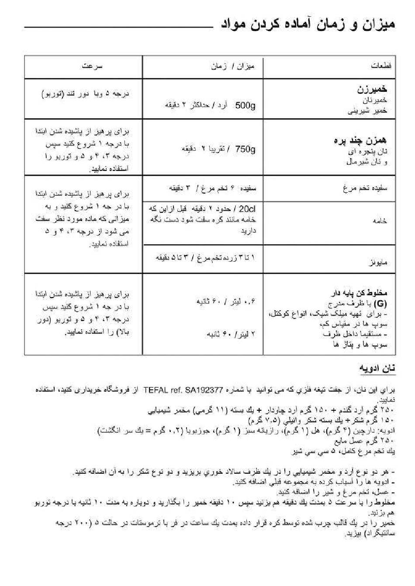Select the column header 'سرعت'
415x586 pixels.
coord(92,66)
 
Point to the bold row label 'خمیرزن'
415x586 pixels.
coord(372,90)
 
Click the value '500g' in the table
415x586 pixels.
coord(246,105)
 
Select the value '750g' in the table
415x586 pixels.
coord(246,149)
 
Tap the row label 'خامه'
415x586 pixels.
coord(380,221)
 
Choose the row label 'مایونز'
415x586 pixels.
coord(378,263)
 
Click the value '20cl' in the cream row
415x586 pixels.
coord(247,210)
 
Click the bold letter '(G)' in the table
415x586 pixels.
coord(381,303)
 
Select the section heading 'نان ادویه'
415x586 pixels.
coord(377,368)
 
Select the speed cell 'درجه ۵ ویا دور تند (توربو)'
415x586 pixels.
coord(85,94)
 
